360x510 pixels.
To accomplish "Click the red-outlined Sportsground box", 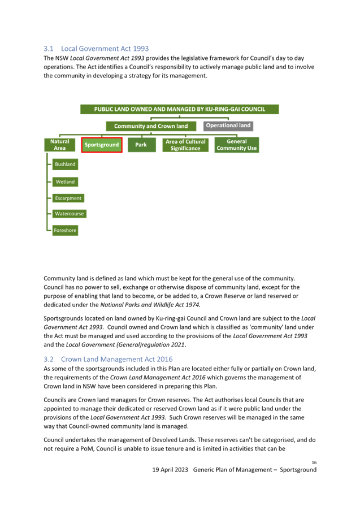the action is pyautogui.click(x=102, y=145).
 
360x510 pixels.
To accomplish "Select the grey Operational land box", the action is pyautogui.click(x=228, y=126).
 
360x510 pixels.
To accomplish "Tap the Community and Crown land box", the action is pyautogui.click(x=151, y=126).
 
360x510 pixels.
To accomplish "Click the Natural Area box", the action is pyautogui.click(x=60, y=145).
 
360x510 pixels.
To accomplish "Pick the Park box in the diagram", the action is pyautogui.click(x=141, y=145).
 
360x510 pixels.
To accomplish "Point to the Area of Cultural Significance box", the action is pyautogui.click(x=185, y=145).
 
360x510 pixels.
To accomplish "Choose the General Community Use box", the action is pyautogui.click(x=237, y=145).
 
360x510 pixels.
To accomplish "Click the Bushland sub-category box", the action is pyautogui.click(x=65, y=165).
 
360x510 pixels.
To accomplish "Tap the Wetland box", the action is pyautogui.click(x=65, y=182).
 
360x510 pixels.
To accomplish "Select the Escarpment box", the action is pyautogui.click(x=68, y=198).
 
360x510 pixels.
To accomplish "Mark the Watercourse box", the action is pyautogui.click(x=70, y=214).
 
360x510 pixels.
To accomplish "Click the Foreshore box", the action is pyautogui.click(x=65, y=230).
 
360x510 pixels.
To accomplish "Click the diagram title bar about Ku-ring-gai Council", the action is pyautogui.click(x=180, y=109).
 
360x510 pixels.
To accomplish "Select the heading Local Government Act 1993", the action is pyautogui.click(x=105, y=49).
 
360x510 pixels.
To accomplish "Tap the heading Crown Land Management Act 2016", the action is pyautogui.click(x=117, y=359).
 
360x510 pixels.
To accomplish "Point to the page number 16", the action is pyautogui.click(x=314, y=463).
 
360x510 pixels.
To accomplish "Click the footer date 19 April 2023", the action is pyautogui.click(x=170, y=470).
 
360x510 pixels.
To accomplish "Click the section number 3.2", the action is pyautogui.click(x=49, y=359).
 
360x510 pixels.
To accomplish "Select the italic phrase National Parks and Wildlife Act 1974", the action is pyautogui.click(x=150, y=305).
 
